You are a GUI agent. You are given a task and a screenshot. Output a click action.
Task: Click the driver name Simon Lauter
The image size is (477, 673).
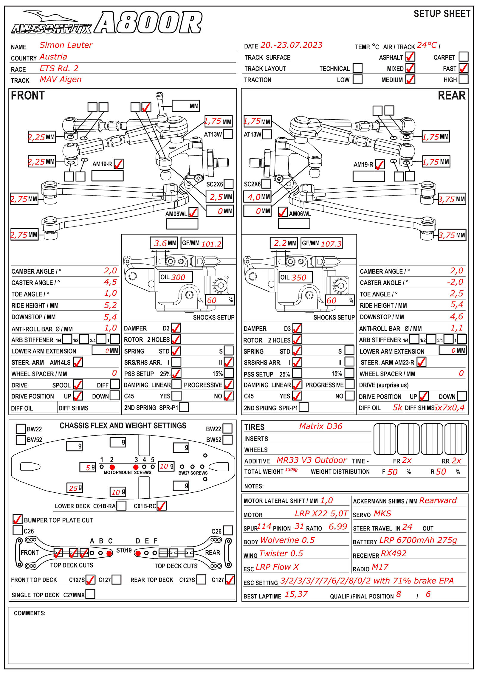point(66,45)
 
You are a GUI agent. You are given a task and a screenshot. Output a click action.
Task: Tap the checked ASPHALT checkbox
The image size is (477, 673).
point(410,57)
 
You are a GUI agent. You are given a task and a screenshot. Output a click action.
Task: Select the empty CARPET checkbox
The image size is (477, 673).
point(463,57)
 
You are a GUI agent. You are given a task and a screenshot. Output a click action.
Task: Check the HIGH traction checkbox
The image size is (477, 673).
point(463,80)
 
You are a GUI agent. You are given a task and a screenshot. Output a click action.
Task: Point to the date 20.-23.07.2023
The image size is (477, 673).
point(291,45)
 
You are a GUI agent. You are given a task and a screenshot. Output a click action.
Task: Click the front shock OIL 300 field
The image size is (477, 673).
point(176,277)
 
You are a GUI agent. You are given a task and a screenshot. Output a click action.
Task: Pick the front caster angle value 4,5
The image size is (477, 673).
point(110,282)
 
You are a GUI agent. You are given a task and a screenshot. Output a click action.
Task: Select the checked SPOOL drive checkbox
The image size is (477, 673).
point(78,384)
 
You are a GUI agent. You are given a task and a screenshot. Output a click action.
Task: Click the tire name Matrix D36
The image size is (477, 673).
point(320,427)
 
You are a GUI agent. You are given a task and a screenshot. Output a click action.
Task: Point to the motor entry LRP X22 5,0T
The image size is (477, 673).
point(321,514)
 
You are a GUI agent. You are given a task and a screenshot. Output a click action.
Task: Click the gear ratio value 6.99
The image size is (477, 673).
point(338,527)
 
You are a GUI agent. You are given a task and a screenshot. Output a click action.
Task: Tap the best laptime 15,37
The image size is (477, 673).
point(296,594)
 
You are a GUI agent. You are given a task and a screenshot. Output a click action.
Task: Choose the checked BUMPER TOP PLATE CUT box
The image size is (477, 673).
point(18,519)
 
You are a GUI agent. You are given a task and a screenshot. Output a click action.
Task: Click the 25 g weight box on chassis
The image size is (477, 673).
point(75,488)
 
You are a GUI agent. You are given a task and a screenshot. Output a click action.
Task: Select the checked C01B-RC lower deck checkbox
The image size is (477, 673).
point(162,506)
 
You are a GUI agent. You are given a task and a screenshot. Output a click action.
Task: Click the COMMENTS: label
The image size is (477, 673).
point(30,613)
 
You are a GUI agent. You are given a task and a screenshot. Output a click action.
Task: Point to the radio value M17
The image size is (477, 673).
point(380,567)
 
